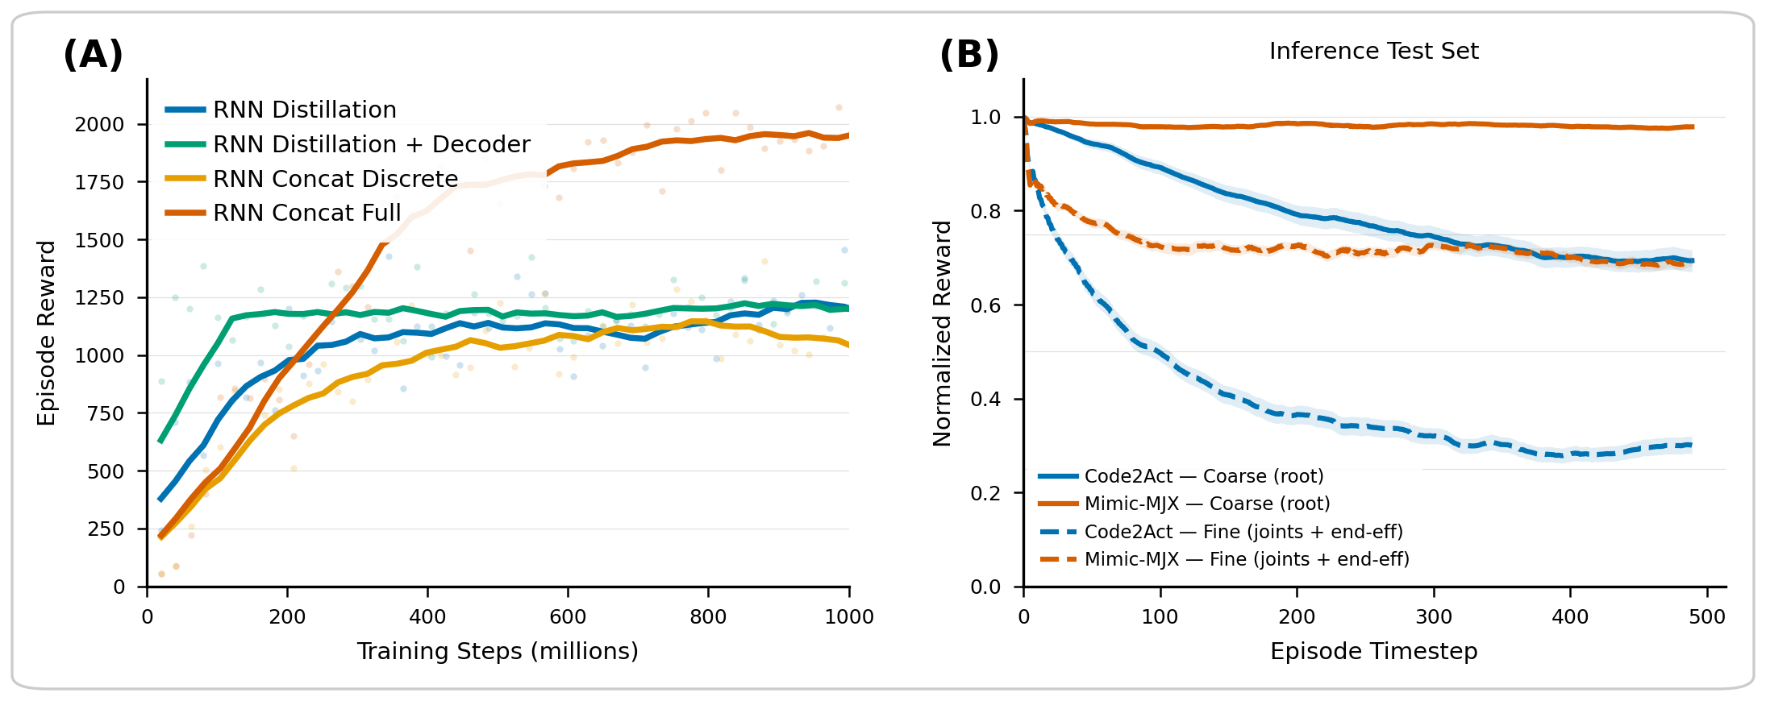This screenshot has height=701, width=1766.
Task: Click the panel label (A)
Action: [x=93, y=55]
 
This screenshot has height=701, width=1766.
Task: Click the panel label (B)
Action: [x=969, y=55]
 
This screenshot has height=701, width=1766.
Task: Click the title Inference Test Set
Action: [x=1373, y=51]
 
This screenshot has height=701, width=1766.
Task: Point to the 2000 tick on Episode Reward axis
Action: [x=99, y=124]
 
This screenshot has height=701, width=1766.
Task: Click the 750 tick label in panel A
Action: [x=106, y=413]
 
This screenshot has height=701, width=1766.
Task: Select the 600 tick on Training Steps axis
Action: [x=568, y=617]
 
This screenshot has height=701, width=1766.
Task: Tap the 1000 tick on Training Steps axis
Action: [x=848, y=617]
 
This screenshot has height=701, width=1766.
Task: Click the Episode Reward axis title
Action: [x=47, y=333]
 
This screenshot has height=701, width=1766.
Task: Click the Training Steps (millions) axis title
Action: [x=498, y=651]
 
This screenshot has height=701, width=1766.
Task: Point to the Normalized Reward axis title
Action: [x=942, y=333]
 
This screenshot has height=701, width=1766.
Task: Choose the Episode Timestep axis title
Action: [x=1373, y=651]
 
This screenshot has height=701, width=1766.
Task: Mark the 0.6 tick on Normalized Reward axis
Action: [x=985, y=305]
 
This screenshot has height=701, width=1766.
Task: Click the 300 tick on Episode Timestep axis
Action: [x=1434, y=617]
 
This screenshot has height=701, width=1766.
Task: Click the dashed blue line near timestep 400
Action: [x=1570, y=455]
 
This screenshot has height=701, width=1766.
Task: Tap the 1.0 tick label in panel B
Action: [x=985, y=118]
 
